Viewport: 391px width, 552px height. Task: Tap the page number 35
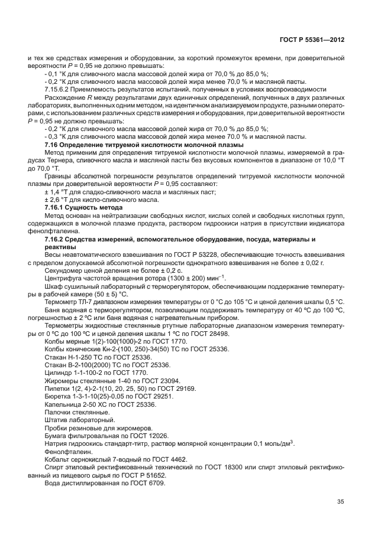click(x=340, y=502)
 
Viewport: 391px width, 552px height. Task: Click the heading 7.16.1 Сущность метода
click(x=83, y=208)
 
